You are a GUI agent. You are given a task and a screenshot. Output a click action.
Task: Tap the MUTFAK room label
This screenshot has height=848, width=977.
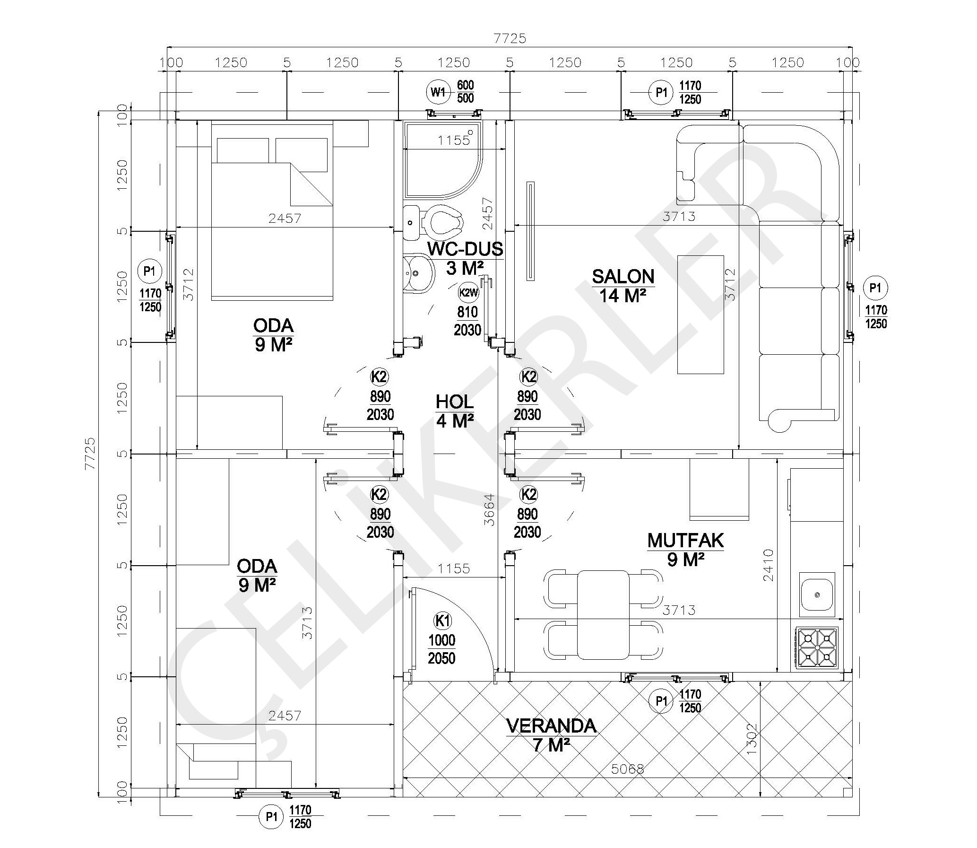click(686, 541)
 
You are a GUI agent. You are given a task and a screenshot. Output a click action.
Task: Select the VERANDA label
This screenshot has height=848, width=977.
click(552, 726)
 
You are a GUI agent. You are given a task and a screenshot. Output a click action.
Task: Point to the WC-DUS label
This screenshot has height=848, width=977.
click(465, 248)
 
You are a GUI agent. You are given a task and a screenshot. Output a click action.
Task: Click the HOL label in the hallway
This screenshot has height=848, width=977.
click(454, 402)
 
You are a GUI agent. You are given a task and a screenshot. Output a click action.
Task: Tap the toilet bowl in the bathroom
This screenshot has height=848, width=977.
click(443, 221)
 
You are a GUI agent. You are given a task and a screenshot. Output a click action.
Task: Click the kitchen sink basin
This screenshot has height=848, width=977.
click(817, 594)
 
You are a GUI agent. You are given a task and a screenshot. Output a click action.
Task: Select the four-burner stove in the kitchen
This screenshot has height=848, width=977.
click(817, 648)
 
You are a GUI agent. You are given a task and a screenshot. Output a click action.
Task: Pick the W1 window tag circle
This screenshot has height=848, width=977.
click(438, 92)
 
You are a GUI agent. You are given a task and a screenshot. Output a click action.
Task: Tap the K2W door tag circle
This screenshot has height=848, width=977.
click(468, 292)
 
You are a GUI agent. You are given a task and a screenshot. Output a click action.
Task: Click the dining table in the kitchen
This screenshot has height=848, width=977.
click(604, 615)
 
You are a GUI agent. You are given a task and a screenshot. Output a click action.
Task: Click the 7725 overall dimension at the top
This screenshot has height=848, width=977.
click(510, 38)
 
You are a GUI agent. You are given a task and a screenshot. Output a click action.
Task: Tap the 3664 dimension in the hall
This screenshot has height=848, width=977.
click(490, 510)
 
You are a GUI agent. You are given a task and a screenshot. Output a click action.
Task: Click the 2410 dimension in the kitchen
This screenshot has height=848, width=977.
click(768, 565)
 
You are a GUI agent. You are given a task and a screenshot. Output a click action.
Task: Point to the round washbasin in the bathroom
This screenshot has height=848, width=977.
click(419, 273)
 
